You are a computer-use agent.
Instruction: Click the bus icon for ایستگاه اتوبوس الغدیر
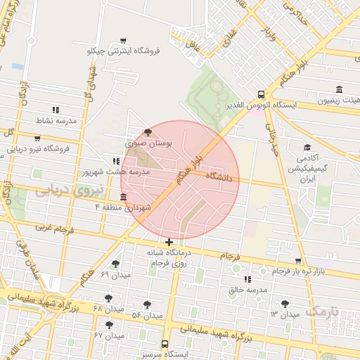(261, 94)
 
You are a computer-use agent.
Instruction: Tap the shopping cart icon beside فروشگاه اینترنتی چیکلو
(124, 40)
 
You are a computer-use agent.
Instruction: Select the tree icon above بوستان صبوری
(147, 131)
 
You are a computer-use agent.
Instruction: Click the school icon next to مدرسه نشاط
(56, 109)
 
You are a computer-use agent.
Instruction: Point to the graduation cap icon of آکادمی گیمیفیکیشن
(307, 147)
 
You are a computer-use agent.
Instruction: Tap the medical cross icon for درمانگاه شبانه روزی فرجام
(169, 242)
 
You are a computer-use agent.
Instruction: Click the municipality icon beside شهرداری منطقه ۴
(124, 196)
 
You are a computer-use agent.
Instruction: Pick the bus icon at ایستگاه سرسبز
(165, 344)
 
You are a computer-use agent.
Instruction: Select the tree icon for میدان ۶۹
(115, 264)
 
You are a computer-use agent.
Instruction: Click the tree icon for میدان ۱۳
(284, 304)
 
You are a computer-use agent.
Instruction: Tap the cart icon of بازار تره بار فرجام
(262, 271)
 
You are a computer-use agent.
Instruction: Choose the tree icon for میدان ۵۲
(147, 304)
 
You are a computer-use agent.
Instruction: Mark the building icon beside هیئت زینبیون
(340, 89)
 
